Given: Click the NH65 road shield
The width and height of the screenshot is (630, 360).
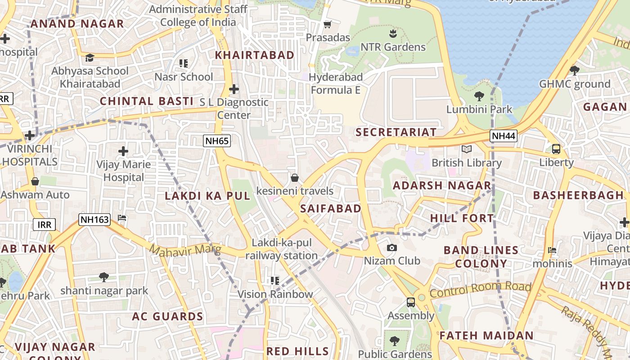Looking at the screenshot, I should coord(217,141).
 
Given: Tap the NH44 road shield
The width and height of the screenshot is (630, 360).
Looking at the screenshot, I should coord(504,135).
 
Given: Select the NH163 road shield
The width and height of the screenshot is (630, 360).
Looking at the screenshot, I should coord(94,220).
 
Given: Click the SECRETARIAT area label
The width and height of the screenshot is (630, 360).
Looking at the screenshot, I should coord(396,132).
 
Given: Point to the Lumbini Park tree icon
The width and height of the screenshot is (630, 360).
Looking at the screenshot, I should coord(479,96).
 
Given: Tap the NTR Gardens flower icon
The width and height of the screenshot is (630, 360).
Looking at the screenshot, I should coord(393,34).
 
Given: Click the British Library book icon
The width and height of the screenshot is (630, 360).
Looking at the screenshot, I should coord(467,149).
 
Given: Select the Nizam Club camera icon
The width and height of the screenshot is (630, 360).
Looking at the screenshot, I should coord(392,248).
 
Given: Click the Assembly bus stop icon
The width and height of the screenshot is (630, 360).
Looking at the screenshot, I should coord(411,302).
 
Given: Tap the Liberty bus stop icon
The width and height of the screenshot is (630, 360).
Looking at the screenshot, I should coord(556,149).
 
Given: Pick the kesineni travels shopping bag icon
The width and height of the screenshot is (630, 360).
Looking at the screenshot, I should coord(295,178).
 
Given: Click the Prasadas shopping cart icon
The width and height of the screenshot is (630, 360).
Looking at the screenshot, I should coord(328,24).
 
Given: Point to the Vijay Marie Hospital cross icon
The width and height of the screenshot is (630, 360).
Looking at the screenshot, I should coord(123,151).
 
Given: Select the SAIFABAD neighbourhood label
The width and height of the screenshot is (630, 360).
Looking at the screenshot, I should coord(331,208).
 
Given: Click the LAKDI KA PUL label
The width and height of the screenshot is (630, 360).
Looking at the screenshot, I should coord(207,196).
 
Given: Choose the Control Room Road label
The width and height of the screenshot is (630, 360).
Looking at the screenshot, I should coord(480,290).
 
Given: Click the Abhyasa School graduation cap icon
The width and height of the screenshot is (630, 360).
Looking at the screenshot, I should coord(90,58).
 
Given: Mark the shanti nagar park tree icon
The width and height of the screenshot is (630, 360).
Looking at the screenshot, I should coord(104,277).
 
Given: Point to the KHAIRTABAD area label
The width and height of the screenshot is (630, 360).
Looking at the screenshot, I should coord(254,55).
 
